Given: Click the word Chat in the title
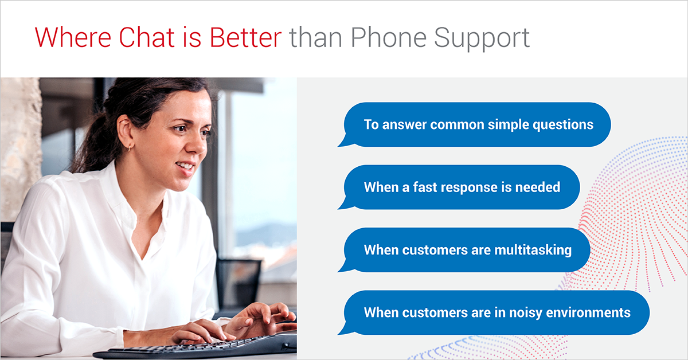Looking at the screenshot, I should tap(147, 37).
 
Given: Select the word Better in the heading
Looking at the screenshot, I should tap(245, 37).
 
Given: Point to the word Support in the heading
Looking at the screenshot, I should tap(482, 38).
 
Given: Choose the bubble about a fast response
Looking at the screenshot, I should tap(462, 187).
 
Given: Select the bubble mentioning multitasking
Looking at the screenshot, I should tap(467, 249).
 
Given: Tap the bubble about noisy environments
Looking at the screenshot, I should tap(497, 312).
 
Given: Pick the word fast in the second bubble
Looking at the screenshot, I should tap(423, 187).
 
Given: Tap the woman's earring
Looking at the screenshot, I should tap(130, 147).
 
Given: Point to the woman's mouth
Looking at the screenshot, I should tap(185, 167).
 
